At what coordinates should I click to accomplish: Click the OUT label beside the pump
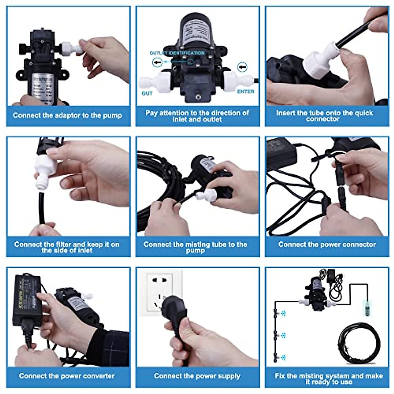pyautogui.click(x=147, y=94)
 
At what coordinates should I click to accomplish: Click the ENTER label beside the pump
pyautogui.click(x=245, y=92)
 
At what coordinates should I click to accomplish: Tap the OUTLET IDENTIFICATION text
pyautogui.click(x=177, y=53)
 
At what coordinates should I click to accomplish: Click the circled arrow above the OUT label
pyautogui.click(x=157, y=63)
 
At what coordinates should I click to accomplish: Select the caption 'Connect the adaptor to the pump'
pyautogui.click(x=67, y=115)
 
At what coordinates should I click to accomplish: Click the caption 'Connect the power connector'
pyautogui.click(x=327, y=245)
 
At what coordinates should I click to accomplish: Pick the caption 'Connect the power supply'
pyautogui.click(x=197, y=376)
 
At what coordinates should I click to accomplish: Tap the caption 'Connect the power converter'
pyautogui.click(x=67, y=376)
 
